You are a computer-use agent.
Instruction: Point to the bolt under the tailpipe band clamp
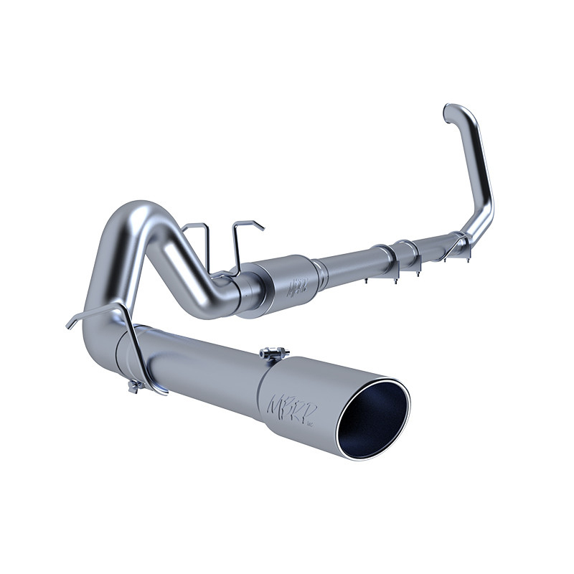133,388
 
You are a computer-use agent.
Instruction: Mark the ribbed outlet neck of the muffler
320,269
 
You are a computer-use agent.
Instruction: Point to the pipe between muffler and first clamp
352,263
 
